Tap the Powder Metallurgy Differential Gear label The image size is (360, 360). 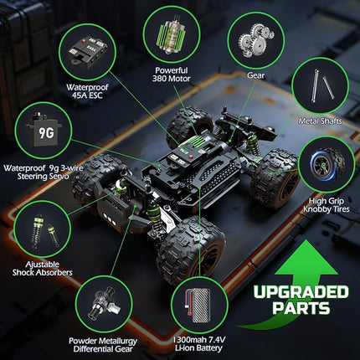click(x=104, y=345)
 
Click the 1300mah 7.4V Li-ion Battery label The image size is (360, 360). click(x=198, y=345)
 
